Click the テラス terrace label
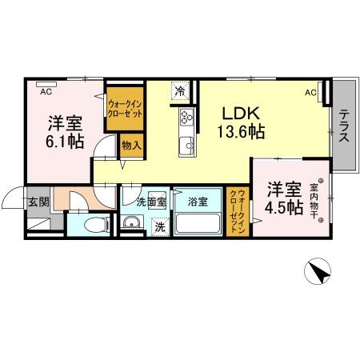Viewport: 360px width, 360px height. tap(343, 125)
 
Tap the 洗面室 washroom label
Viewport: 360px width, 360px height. tap(150, 202)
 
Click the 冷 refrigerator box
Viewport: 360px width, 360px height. tap(181, 90)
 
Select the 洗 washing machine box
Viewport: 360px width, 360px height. tap(160, 226)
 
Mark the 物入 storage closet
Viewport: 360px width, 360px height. tap(131, 146)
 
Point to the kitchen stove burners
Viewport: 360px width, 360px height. tap(187, 118)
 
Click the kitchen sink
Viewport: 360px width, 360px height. tap(186, 145)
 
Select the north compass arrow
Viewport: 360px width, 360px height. tap(319, 272)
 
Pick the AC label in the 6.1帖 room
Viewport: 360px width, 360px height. tap(45, 91)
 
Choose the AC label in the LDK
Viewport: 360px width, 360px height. tap(310, 92)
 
